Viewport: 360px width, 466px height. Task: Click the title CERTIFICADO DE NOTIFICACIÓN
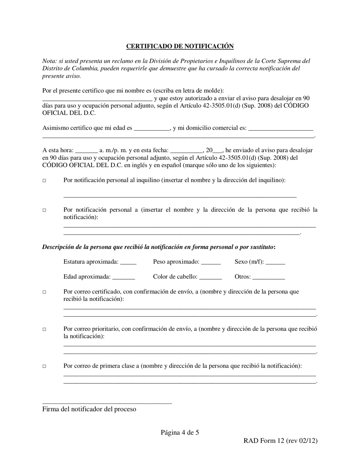pyautogui.click(x=180, y=46)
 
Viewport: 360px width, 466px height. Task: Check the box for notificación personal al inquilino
pyautogui.click(x=44, y=181)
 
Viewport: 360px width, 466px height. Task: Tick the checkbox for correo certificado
pyautogui.click(x=44, y=292)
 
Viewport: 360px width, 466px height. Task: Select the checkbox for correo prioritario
pyautogui.click(x=44, y=329)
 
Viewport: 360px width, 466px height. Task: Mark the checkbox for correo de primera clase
pyautogui.click(x=44, y=366)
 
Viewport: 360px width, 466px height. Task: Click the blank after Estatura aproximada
pyautogui.click(x=128, y=262)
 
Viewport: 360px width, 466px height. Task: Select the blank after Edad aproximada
pyautogui.click(x=124, y=277)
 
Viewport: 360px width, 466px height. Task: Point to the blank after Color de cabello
pyautogui.click(x=210, y=277)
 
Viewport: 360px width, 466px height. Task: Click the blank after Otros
pyautogui.click(x=268, y=277)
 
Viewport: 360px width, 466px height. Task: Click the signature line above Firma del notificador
pyautogui.click(x=107, y=403)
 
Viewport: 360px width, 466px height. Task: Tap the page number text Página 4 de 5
pyautogui.click(x=180, y=432)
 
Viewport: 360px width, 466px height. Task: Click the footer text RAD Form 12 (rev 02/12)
pyautogui.click(x=280, y=441)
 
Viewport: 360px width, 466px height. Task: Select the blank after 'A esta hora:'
pyautogui.click(x=87, y=150)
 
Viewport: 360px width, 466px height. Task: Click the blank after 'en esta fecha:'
pyautogui.click(x=187, y=150)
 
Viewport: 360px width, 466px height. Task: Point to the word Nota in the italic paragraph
pyautogui.click(x=49, y=61)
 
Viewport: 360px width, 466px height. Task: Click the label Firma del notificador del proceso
pyautogui.click(x=89, y=409)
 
